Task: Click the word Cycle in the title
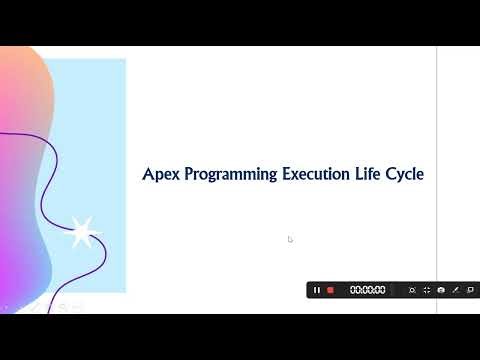pyautogui.click(x=407, y=175)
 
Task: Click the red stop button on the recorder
pyautogui.click(x=330, y=290)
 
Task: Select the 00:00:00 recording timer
pyautogui.click(x=367, y=290)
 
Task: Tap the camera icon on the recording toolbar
pyautogui.click(x=441, y=290)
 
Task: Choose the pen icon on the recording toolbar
pyautogui.click(x=455, y=290)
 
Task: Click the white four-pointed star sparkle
pyautogui.click(x=81, y=232)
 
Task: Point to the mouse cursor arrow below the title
pyautogui.click(x=290, y=239)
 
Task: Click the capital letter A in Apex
pyautogui.click(x=148, y=174)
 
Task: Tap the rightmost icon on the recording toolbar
pyautogui.click(x=470, y=290)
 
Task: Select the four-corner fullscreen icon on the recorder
pyautogui.click(x=426, y=290)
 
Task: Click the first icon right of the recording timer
pyautogui.click(x=411, y=290)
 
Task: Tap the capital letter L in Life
pyautogui.click(x=360, y=174)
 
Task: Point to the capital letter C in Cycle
pyautogui.click(x=392, y=174)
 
